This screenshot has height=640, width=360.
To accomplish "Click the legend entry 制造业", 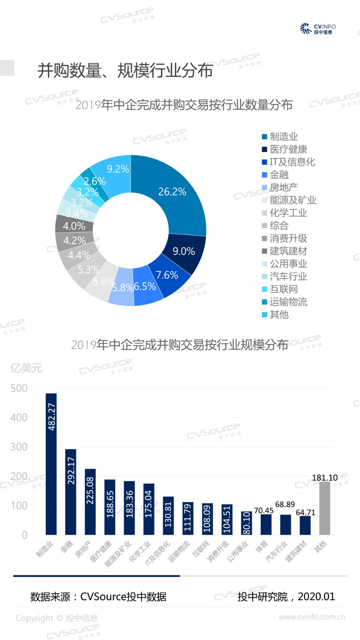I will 284,137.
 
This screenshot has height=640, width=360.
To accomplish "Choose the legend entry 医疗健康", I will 288,150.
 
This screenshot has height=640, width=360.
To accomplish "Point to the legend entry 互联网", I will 284,289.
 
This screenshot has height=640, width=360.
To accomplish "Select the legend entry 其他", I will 279,315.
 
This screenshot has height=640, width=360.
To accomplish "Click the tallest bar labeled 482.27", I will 51,464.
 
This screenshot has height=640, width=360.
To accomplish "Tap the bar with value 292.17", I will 71,492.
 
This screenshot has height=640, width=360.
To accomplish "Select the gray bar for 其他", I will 324,508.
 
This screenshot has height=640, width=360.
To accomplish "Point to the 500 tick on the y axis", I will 19,388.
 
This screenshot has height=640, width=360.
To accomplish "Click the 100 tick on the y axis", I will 19,506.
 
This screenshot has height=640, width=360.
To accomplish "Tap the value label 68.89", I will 285,504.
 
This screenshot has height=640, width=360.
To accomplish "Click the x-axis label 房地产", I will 84,550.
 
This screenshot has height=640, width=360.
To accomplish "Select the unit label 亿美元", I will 26,368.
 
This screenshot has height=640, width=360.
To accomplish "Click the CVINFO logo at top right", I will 318,28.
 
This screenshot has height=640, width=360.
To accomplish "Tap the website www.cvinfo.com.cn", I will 312,617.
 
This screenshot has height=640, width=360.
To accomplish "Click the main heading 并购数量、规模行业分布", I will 125,70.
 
